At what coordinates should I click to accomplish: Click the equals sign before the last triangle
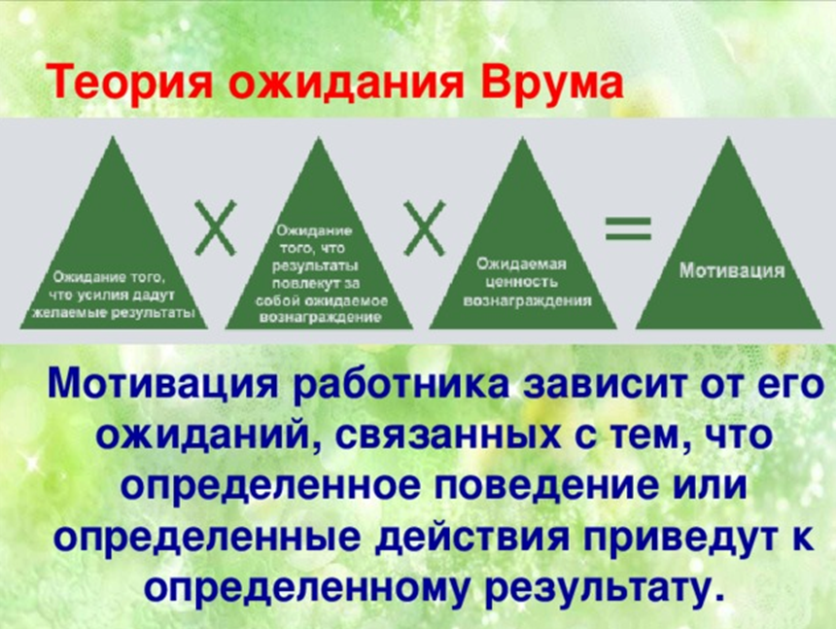pyautogui.click(x=628, y=228)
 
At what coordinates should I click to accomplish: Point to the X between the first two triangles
pyautogui.click(x=216, y=227)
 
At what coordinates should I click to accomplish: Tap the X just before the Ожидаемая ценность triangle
pyautogui.click(x=424, y=227)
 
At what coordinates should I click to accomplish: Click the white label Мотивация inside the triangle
pyautogui.click(x=730, y=270)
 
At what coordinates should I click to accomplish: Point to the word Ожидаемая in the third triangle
pyautogui.click(x=521, y=263)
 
